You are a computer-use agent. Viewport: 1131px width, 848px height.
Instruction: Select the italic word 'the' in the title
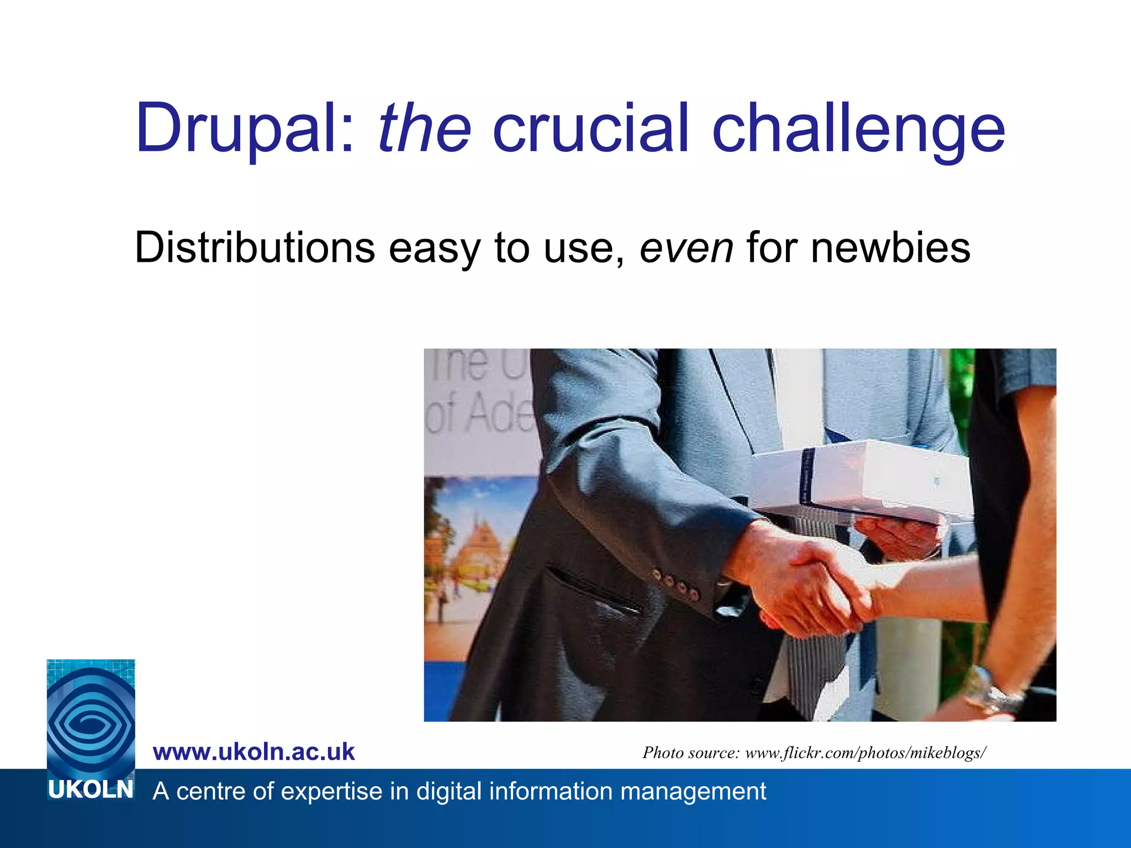click(424, 128)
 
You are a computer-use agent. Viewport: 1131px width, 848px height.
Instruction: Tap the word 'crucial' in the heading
click(590, 128)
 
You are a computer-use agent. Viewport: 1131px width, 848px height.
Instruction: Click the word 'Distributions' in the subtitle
click(255, 247)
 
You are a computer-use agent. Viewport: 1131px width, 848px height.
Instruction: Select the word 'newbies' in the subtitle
click(890, 247)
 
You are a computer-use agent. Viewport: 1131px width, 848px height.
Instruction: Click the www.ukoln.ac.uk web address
click(253, 752)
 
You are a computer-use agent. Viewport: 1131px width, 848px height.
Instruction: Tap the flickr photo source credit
click(814, 752)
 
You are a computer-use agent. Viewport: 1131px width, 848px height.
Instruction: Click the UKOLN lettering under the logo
click(91, 790)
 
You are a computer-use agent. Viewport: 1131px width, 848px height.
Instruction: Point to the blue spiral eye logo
click(91, 718)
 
